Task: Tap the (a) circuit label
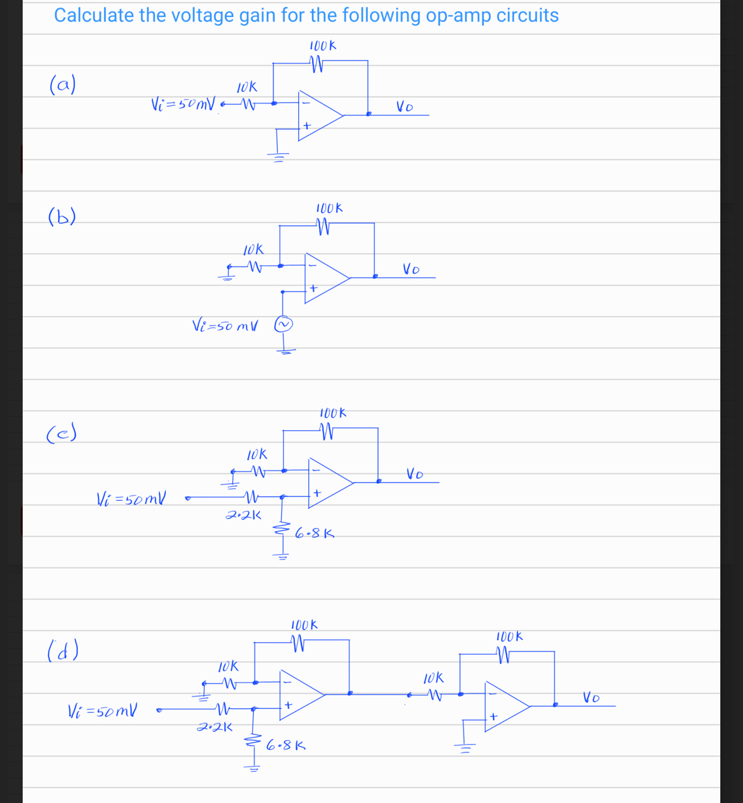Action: pyautogui.click(x=62, y=84)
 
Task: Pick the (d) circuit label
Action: pyautogui.click(x=62, y=649)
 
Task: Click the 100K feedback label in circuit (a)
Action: pyautogui.click(x=323, y=46)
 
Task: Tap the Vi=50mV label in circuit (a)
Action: pyautogui.click(x=184, y=103)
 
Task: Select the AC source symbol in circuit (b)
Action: pyautogui.click(x=284, y=324)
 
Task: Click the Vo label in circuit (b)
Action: pyautogui.click(x=412, y=270)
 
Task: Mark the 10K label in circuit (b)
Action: pyautogui.click(x=253, y=250)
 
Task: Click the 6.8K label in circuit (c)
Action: pyautogui.click(x=314, y=534)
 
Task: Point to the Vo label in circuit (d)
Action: pyautogui.click(x=590, y=698)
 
